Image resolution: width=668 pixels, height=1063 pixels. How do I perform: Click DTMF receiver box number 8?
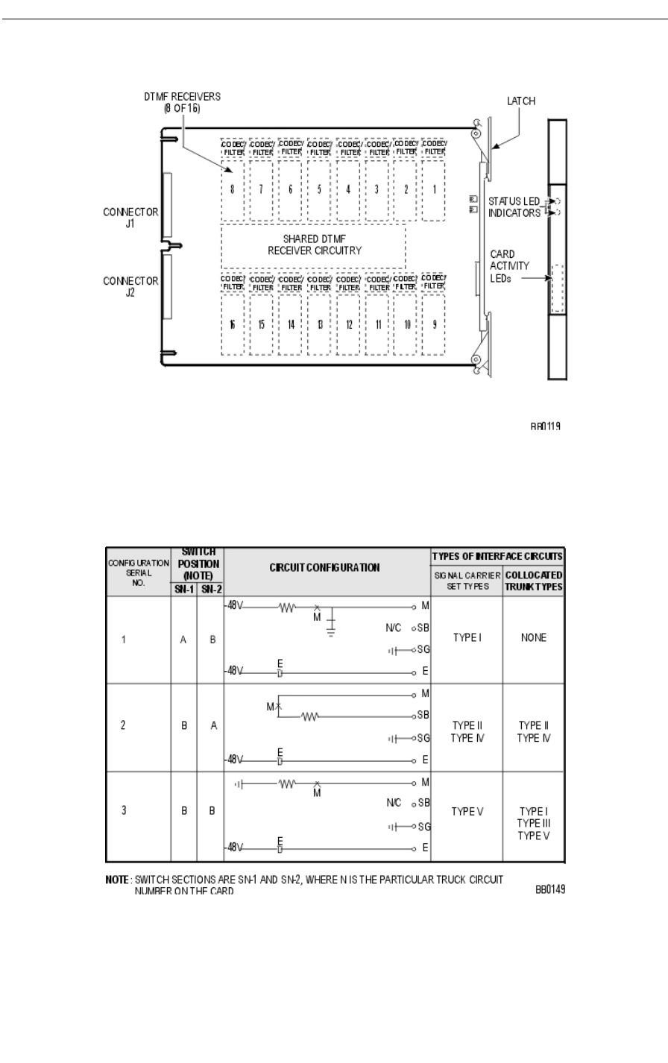pos(232,189)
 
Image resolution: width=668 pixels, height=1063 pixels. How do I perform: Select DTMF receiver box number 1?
pos(434,189)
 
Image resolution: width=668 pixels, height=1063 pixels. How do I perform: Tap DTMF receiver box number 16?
pos(232,324)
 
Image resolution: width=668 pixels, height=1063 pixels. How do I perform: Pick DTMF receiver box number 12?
pos(348,324)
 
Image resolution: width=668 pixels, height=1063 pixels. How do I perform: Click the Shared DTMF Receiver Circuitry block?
pos(314,245)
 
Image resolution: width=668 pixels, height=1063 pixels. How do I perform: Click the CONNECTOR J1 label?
pos(130,217)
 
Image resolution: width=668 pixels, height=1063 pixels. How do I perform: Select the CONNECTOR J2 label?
pos(130,286)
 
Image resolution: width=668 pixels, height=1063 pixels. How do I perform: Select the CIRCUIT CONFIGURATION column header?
pos(325,567)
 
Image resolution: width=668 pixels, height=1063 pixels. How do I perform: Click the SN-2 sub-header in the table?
pos(210,589)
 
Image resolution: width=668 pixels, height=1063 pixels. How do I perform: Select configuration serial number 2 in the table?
pos(123,725)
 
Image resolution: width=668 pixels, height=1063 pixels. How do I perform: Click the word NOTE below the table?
pos(118,880)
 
